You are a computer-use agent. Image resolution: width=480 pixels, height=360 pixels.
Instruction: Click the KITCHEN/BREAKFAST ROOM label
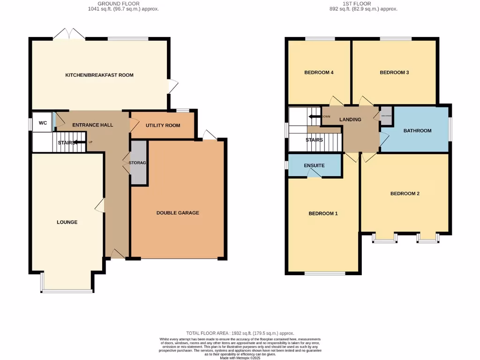click(99, 75)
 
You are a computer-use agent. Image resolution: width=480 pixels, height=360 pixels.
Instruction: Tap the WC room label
click(43, 123)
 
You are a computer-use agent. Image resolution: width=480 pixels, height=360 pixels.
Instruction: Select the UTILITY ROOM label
click(163, 126)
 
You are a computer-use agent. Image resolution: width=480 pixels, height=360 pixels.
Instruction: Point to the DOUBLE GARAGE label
click(178, 213)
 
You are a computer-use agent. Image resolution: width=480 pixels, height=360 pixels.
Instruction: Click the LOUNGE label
click(67, 222)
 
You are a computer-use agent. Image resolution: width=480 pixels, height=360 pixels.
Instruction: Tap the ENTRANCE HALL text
click(92, 125)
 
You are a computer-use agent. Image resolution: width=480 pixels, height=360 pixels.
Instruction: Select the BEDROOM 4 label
click(319, 73)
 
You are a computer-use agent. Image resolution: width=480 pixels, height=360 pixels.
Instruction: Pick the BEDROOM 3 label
click(394, 73)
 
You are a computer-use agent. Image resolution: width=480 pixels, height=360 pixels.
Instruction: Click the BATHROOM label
click(417, 131)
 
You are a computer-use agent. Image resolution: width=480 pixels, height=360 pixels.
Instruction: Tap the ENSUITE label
click(314, 165)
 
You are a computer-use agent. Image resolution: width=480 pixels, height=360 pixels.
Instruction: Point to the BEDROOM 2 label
click(405, 194)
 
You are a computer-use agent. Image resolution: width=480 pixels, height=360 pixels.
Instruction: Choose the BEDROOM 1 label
click(323, 214)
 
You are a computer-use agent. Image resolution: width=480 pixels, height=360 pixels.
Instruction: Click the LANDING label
click(350, 120)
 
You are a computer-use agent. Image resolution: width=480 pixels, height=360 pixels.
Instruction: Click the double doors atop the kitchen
click(69, 34)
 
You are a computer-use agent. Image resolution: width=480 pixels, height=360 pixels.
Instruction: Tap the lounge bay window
click(67, 291)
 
